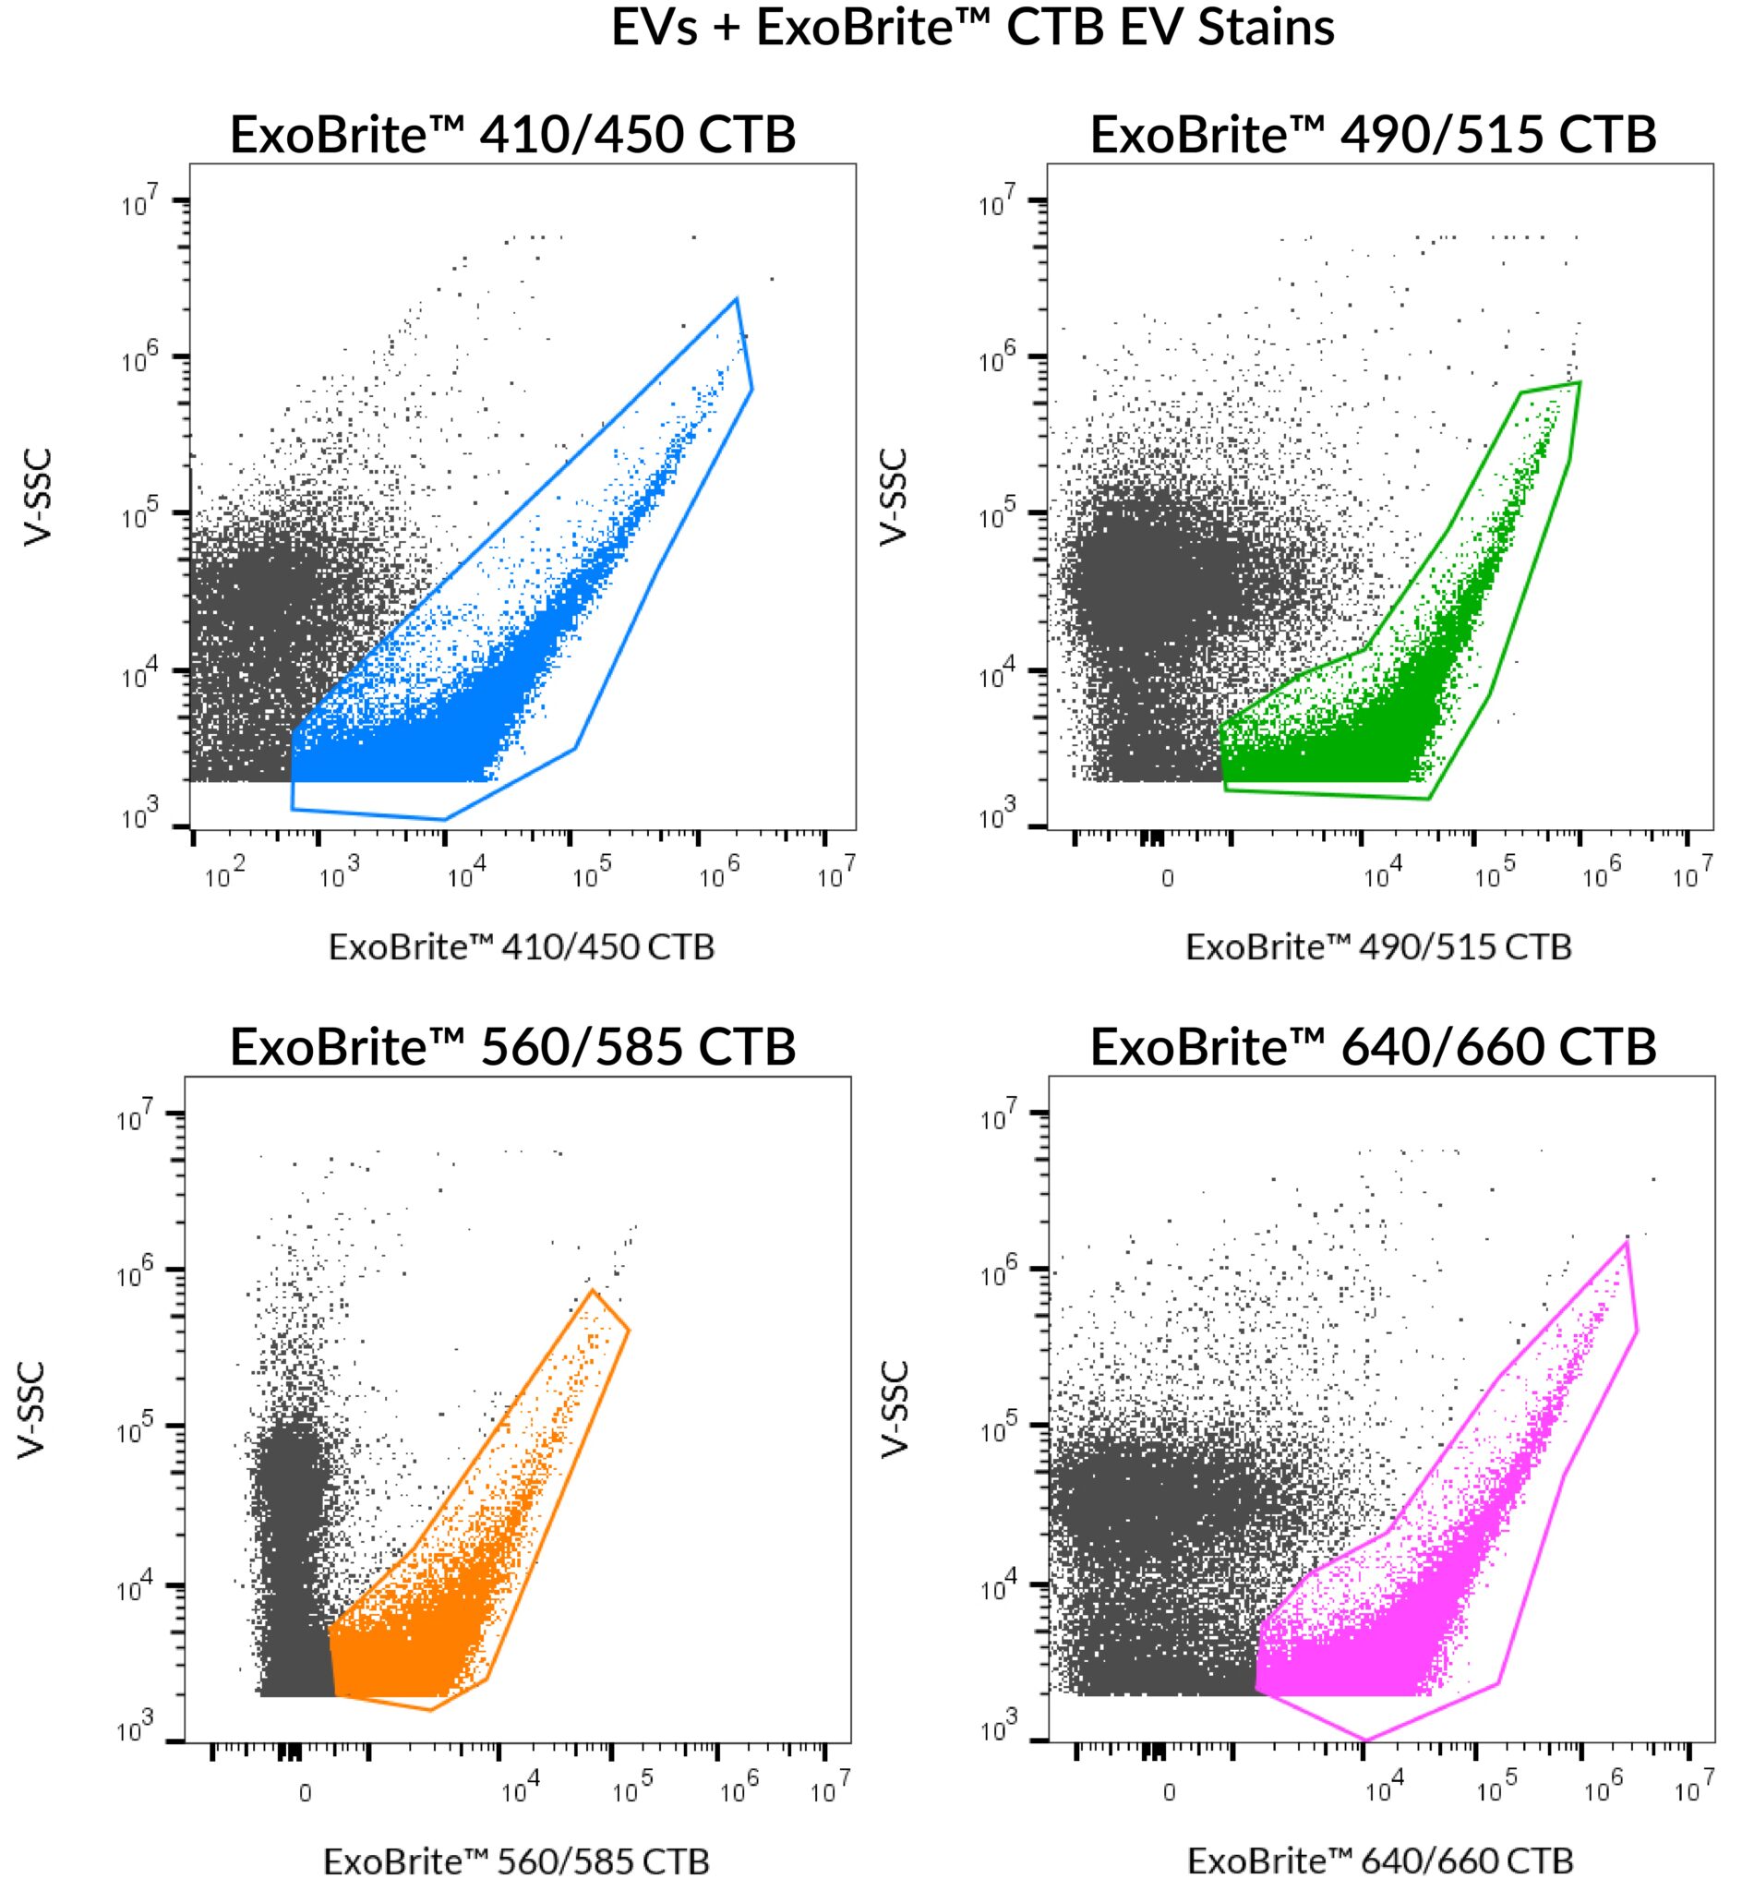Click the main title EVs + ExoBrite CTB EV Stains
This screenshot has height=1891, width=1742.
[972, 28]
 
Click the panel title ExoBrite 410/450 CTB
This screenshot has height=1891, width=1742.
[512, 135]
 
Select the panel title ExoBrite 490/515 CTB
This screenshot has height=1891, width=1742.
[1373, 135]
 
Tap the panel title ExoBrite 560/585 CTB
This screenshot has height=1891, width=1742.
[512, 1046]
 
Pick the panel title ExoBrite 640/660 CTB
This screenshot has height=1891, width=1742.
[1373, 1046]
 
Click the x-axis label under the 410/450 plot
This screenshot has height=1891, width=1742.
[522, 946]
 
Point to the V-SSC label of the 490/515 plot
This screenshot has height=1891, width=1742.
[893, 497]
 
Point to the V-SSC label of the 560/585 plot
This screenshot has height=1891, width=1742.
[31, 1410]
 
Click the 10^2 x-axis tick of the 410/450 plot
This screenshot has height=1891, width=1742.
[223, 875]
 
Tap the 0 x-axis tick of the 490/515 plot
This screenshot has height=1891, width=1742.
[1167, 879]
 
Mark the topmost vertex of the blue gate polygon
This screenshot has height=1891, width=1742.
[736, 299]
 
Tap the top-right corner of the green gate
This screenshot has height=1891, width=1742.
[1580, 381]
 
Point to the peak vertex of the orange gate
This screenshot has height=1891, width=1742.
[593, 1289]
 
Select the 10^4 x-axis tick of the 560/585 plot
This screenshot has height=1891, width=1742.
[520, 1790]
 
